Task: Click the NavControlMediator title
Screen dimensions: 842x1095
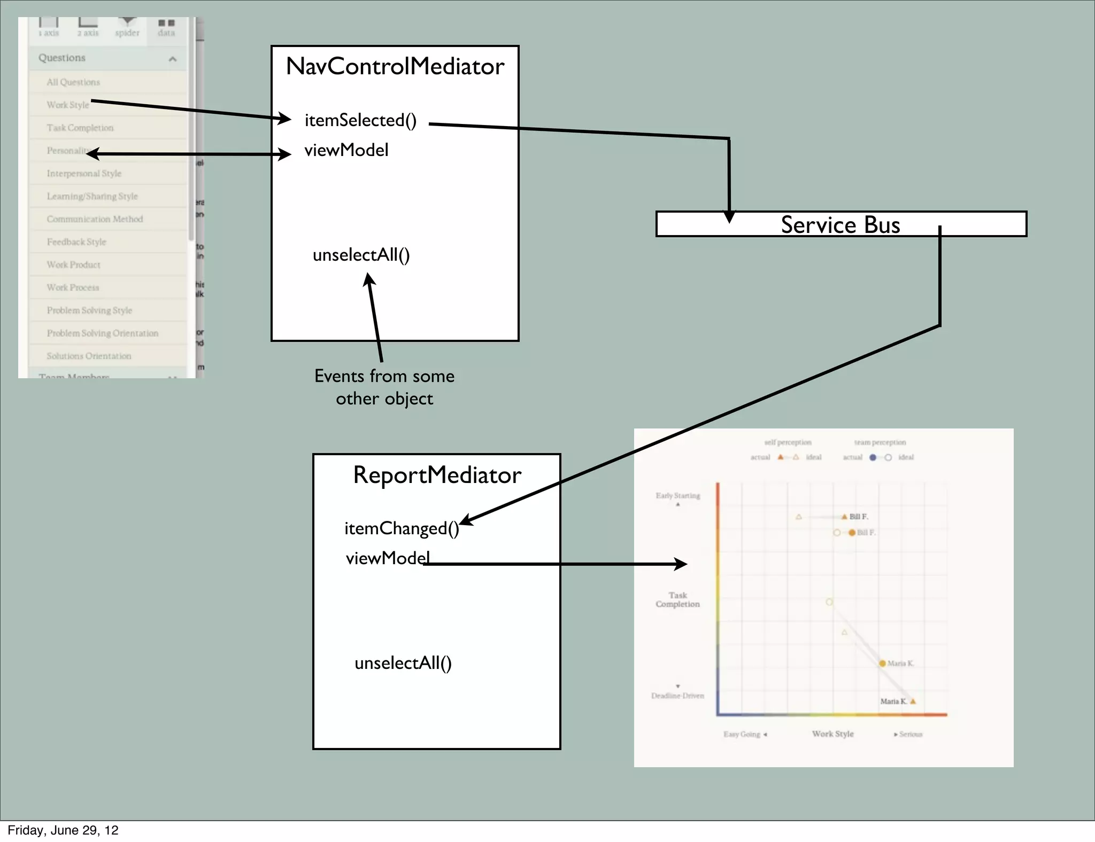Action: (395, 66)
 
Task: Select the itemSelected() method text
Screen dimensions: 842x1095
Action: (360, 120)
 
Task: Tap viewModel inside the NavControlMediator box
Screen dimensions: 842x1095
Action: (346, 150)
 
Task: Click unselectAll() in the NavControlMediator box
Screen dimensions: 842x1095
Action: (361, 255)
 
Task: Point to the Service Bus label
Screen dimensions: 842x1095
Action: (840, 224)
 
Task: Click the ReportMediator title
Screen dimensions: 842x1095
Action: (437, 475)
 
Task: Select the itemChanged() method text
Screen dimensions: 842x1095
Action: (402, 528)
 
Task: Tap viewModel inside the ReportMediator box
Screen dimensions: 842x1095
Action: (388, 558)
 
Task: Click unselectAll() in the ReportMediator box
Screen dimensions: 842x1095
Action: (403, 663)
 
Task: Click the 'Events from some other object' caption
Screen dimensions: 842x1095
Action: (384, 387)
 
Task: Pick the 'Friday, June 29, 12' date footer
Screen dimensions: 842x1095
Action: (63, 830)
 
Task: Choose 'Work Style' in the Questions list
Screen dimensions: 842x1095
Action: (68, 105)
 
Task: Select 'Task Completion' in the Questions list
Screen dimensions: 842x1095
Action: (80, 128)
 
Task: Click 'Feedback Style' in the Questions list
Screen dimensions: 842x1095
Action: (76, 242)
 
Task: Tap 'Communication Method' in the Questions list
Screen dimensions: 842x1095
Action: (95, 219)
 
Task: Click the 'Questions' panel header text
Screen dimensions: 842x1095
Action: (62, 58)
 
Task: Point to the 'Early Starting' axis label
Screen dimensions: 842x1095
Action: (678, 496)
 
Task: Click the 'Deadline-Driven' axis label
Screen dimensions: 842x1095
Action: (677, 696)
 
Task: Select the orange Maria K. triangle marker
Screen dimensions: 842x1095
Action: (913, 701)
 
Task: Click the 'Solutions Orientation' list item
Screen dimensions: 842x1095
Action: (89, 356)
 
